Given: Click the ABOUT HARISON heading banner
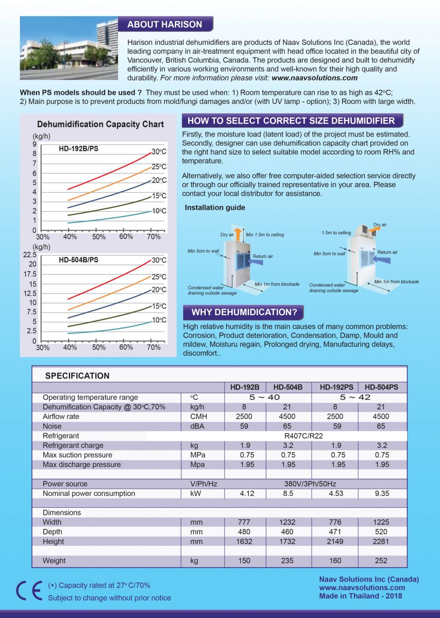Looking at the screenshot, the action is [x=165, y=24].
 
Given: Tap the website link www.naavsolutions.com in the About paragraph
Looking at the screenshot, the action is [x=314, y=78].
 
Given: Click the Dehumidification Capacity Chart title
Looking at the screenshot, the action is [x=100, y=124].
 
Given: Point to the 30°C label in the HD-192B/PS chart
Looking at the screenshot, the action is [x=159, y=151].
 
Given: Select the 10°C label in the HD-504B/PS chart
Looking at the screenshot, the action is [x=159, y=320].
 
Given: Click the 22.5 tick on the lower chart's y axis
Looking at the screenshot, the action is [x=30, y=254].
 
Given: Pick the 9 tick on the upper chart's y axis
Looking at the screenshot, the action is [x=35, y=144].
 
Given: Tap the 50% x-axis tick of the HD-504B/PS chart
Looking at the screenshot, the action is [x=98, y=347].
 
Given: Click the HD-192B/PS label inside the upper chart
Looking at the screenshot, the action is [x=78, y=149].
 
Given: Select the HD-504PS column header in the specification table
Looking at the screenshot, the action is [x=381, y=387].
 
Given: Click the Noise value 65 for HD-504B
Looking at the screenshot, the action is [x=287, y=426].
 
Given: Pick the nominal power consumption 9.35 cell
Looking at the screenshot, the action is [x=382, y=493].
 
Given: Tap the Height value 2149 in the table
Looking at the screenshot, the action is [x=335, y=541].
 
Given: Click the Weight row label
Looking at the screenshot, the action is [x=54, y=561].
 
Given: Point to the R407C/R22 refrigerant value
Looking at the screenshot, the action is [x=303, y=436].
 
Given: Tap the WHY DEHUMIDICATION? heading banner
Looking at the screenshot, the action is [x=244, y=312].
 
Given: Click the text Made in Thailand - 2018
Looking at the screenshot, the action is [x=361, y=596].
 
